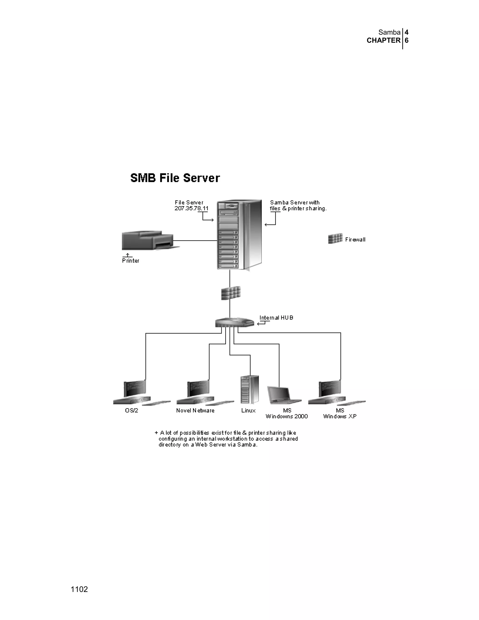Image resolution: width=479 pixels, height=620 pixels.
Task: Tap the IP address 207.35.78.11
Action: coord(191,208)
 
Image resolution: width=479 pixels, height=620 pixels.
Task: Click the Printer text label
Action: coord(131,261)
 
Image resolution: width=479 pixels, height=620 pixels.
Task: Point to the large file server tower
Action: coord(239,234)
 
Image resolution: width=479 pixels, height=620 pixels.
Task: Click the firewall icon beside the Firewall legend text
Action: coord(335,239)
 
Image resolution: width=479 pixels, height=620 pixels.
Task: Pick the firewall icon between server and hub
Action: coord(231,293)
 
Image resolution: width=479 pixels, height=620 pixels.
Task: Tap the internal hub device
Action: coord(234,322)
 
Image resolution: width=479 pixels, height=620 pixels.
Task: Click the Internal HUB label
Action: coord(276,318)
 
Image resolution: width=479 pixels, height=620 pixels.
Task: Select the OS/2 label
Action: coord(132,411)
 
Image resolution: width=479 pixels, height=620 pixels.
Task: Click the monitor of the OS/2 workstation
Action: coord(135,389)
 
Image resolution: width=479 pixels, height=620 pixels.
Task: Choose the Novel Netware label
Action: coord(195,411)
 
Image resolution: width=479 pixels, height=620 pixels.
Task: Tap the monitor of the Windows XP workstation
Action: coord(330,389)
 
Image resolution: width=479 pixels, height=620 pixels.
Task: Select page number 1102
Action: coord(79,589)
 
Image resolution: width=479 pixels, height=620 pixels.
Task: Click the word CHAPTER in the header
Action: coord(383,40)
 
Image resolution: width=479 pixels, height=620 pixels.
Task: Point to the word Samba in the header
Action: coord(389,32)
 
